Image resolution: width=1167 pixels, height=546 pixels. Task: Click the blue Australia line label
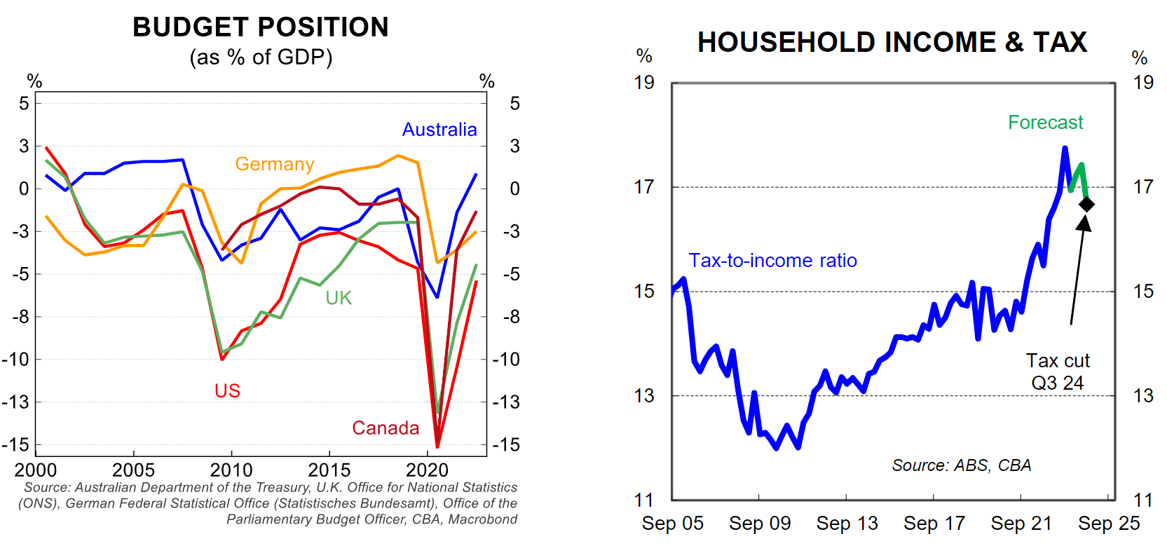tap(439, 130)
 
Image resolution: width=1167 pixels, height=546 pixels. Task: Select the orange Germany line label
tap(274, 164)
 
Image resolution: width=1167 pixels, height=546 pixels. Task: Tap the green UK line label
tap(339, 298)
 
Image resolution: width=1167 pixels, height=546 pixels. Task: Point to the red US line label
tap(227, 390)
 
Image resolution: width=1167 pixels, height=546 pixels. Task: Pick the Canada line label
tap(385, 428)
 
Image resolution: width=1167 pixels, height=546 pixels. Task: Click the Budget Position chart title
tap(261, 27)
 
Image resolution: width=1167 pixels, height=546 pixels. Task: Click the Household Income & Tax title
tap(892, 42)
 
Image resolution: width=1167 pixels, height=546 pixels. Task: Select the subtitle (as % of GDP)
tap(261, 57)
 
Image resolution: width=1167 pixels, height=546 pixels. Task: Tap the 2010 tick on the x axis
tap(231, 470)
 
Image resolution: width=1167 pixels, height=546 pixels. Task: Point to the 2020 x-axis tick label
tap(428, 470)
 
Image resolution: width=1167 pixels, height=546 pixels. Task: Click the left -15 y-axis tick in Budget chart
tap(15, 444)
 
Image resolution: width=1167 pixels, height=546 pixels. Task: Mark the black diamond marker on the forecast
tap(1086, 204)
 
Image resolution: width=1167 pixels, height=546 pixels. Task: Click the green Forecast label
tap(1045, 123)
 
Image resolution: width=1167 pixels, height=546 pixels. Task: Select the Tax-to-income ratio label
tap(772, 261)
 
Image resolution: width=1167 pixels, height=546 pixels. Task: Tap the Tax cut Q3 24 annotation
tap(1058, 371)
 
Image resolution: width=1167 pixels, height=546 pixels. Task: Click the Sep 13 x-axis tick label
tap(847, 524)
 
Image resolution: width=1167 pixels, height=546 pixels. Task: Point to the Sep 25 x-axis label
tap(1109, 524)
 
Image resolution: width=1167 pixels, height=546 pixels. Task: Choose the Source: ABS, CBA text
tap(961, 465)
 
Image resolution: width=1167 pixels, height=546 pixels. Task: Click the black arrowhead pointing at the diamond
tap(1084, 223)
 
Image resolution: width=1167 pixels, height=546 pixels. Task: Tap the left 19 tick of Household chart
tap(644, 83)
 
